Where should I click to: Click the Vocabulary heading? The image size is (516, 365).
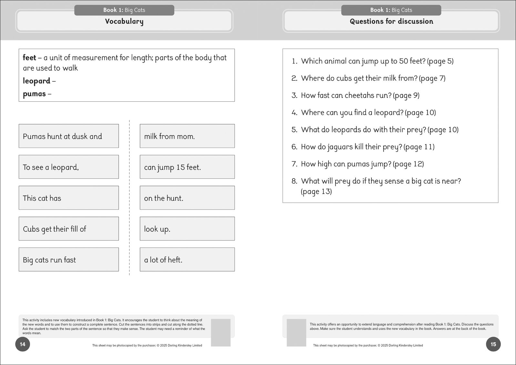[x=124, y=22]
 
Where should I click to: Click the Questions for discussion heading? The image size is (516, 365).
[x=391, y=22]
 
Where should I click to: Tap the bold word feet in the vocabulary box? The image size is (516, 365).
[x=29, y=58]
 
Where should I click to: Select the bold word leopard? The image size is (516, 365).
[x=36, y=81]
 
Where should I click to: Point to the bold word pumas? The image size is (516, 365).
[x=34, y=94]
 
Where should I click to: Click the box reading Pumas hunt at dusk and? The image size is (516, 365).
[x=68, y=136]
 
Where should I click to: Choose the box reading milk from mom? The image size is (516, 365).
[x=187, y=136]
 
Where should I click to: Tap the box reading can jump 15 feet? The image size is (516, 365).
[x=187, y=167]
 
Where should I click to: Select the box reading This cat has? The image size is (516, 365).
[x=68, y=198]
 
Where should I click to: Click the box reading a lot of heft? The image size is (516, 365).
[x=187, y=260]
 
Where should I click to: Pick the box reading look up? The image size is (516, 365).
[x=187, y=229]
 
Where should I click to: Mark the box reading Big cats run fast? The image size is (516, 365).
[x=68, y=260]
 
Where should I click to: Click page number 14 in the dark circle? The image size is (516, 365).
[x=23, y=344]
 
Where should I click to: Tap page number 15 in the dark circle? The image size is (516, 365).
[x=493, y=344]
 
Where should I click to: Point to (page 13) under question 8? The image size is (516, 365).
[x=316, y=192]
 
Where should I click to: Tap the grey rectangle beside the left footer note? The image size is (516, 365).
[x=221, y=332]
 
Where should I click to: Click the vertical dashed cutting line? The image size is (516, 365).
[x=129, y=198]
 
